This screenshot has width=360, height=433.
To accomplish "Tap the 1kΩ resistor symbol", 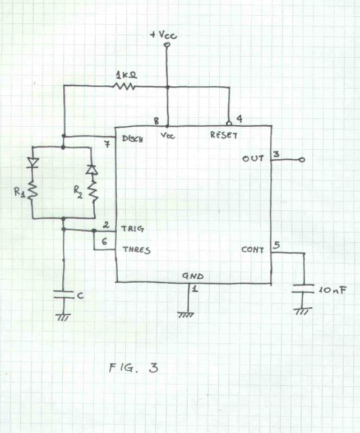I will [x=124, y=86].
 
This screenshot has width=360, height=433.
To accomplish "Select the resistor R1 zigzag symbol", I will [x=33, y=191].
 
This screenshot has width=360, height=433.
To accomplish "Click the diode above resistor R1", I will [x=33, y=163].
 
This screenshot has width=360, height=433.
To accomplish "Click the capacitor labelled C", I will [x=63, y=295].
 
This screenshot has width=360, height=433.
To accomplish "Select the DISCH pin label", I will [x=132, y=139].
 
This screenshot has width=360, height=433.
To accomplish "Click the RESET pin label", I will [x=225, y=135].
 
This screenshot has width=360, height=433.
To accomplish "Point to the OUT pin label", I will [x=253, y=159].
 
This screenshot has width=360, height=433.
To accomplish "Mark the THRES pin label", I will [x=136, y=250].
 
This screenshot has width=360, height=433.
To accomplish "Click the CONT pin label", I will [x=252, y=250].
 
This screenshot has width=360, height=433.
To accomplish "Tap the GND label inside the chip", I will [x=193, y=276].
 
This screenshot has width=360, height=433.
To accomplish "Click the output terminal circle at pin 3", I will [x=302, y=160].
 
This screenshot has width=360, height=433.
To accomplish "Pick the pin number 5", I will [x=276, y=245].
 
